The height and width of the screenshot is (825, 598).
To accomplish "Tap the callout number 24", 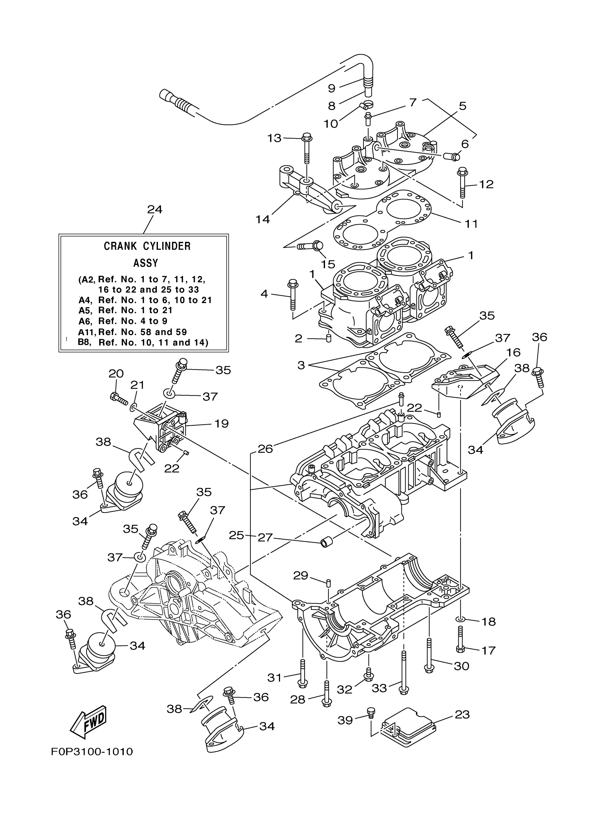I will (x=154, y=210).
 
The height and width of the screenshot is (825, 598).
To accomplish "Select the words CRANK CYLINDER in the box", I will (x=147, y=246).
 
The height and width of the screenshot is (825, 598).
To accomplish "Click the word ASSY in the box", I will (x=145, y=263).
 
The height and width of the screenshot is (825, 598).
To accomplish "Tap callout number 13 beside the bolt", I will (x=274, y=138).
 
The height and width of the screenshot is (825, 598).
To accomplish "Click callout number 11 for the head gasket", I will (x=471, y=223).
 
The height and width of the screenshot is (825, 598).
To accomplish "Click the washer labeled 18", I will (x=460, y=619).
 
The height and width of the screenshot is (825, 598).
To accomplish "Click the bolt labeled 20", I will (x=118, y=399).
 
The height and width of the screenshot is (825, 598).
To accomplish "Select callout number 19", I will (x=221, y=424).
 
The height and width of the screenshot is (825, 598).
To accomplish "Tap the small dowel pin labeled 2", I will (x=328, y=338).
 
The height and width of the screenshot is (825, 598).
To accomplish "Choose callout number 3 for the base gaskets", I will (x=301, y=365).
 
